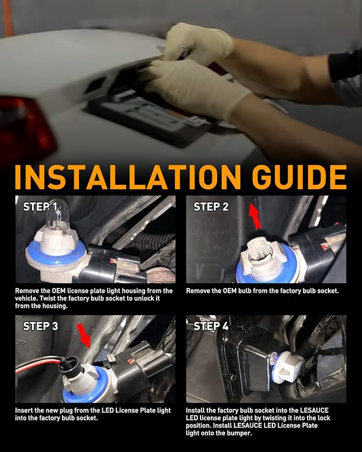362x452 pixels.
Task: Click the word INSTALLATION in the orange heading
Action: tap(127, 177)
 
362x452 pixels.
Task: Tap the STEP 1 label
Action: tap(40, 207)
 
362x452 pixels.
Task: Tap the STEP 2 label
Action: tap(211, 207)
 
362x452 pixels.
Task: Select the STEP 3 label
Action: tap(41, 326)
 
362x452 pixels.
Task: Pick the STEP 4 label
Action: tap(211, 326)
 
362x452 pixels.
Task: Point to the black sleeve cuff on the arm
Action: tap(345, 65)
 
